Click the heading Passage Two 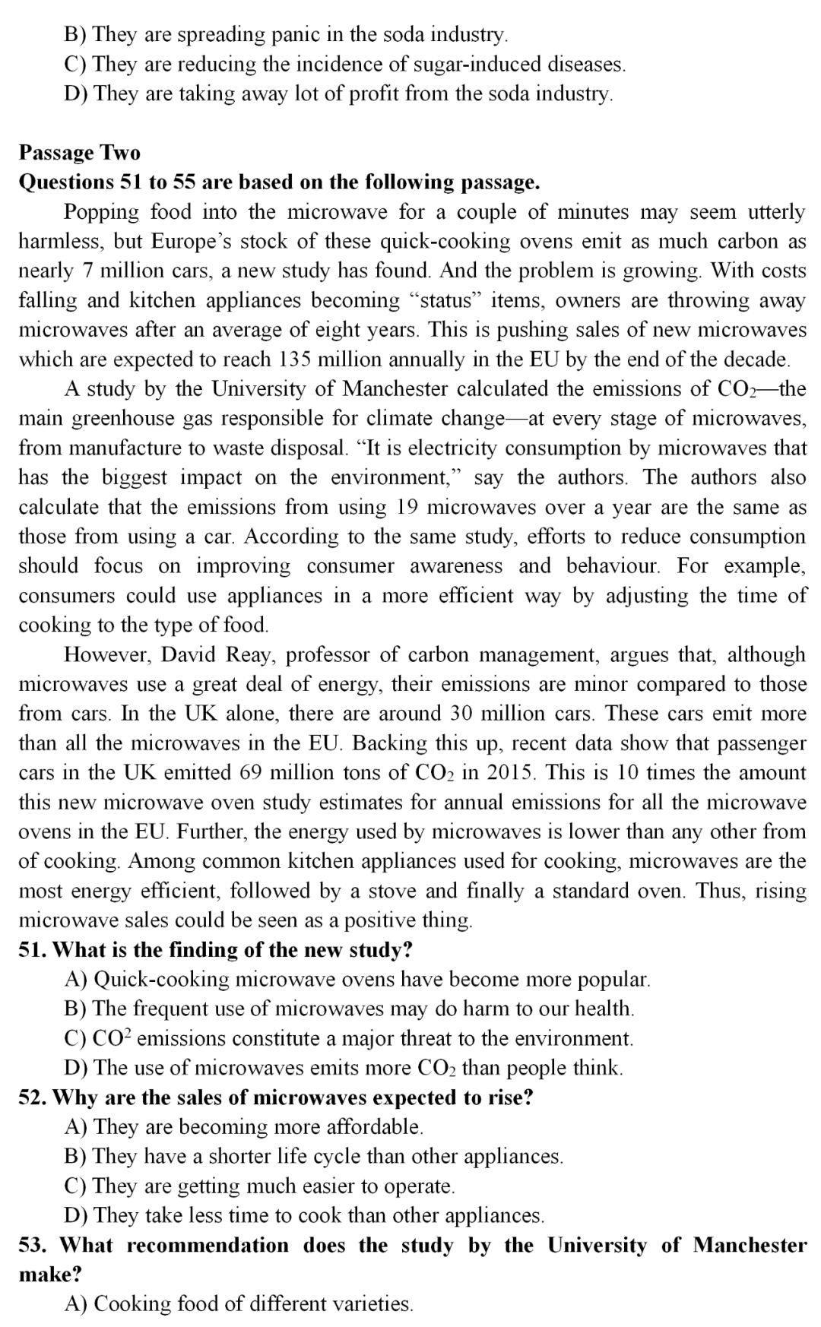coord(80,153)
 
